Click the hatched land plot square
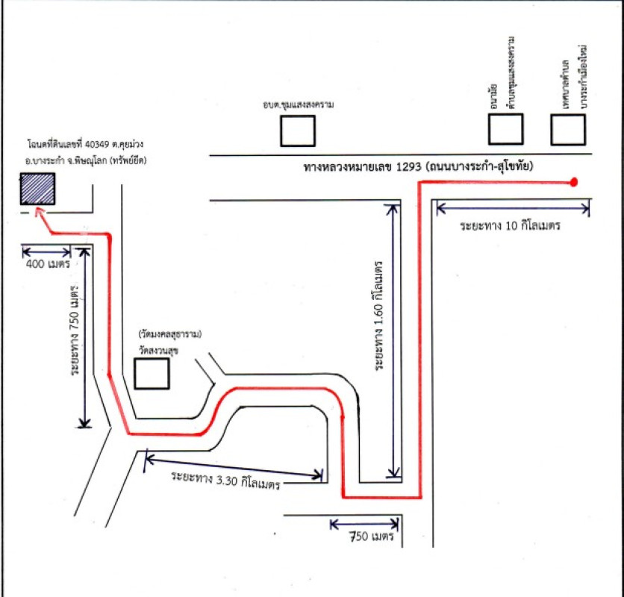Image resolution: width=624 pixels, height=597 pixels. tap(39, 190)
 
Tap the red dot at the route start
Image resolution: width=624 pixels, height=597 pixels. tap(573, 182)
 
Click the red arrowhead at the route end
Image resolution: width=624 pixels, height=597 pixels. tap(40, 214)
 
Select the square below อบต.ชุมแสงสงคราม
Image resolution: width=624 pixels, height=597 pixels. tap(297, 131)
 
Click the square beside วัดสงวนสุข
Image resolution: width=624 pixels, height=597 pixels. tap(152, 373)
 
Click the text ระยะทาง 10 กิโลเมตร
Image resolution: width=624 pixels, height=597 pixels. tap(510, 225)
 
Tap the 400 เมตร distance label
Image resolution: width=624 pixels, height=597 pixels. tap(47, 264)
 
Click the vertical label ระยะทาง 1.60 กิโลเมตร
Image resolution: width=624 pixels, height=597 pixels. tap(380, 316)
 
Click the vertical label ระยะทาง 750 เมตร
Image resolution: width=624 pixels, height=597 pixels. tap(75, 340)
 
